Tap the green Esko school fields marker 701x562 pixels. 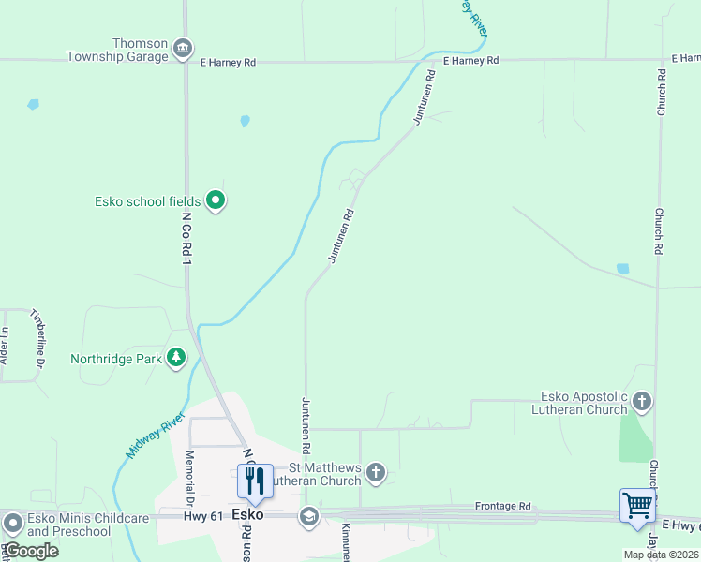(216, 200)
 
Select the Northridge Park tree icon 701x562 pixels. (175, 357)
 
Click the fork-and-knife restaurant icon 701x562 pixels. (254, 481)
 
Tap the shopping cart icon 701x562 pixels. (637, 506)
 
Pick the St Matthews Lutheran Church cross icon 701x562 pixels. (375, 473)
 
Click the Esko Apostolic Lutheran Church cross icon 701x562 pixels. (642, 402)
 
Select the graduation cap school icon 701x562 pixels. (308, 516)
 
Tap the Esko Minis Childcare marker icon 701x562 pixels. (12, 523)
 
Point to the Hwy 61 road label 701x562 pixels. (205, 515)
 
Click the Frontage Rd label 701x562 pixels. (502, 506)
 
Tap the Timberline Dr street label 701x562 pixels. (38, 336)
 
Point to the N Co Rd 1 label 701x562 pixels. (186, 247)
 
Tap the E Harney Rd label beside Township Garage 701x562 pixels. (228, 63)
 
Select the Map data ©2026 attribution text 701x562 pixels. (661, 555)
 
